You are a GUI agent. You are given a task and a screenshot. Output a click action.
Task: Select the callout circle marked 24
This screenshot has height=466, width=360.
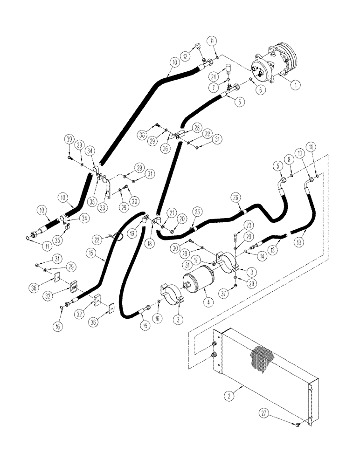click(x=214, y=76)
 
